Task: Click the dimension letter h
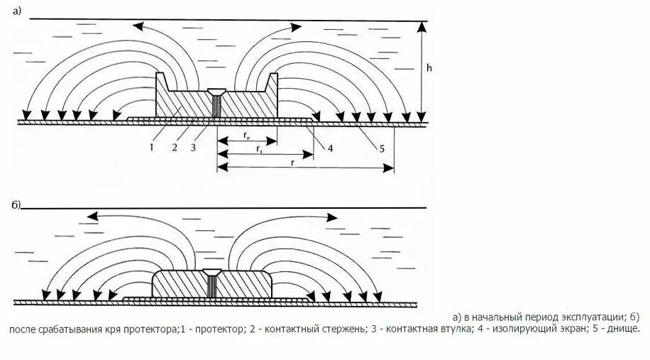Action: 430,68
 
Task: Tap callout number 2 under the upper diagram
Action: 173,147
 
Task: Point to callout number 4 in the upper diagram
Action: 331,147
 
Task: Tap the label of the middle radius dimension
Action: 262,150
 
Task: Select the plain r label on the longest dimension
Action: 292,162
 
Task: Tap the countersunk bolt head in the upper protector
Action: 217,92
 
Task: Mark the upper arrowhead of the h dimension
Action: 422,26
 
